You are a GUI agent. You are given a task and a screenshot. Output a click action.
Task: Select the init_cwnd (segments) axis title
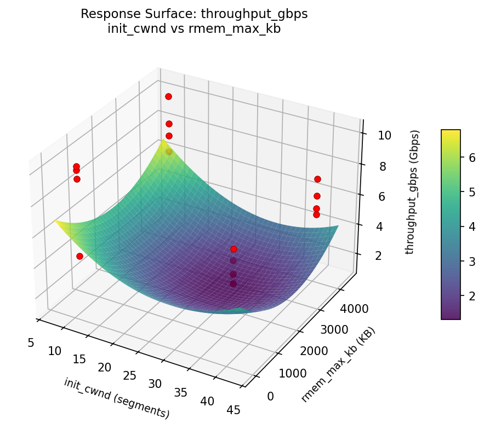(x=116, y=398)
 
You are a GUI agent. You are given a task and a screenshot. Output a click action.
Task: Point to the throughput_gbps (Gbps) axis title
(x=414, y=192)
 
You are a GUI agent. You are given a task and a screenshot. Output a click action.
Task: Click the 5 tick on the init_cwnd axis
(x=31, y=342)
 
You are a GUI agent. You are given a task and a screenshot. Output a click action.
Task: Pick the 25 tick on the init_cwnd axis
(x=130, y=376)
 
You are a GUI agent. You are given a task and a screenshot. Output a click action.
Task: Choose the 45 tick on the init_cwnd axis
(x=233, y=410)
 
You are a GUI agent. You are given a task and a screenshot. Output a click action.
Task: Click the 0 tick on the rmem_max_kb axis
(x=270, y=396)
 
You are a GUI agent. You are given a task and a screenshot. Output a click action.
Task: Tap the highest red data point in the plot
(x=168, y=96)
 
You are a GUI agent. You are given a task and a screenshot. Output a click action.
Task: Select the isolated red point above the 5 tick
(x=79, y=256)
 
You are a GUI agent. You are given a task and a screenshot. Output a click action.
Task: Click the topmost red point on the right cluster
(x=317, y=179)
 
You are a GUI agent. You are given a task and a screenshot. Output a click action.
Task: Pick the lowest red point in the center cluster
(x=234, y=283)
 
